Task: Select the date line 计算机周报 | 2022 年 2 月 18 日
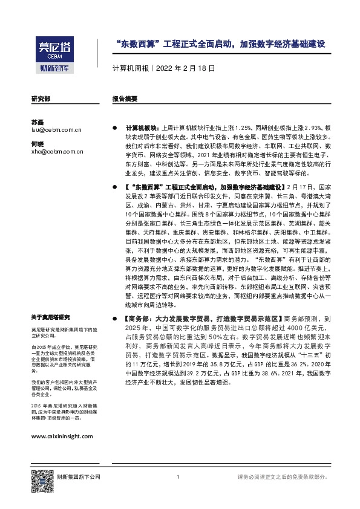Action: tap(164, 68)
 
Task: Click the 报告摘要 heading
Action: tap(125, 98)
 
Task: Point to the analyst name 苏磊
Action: tap(37, 122)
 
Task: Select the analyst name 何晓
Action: tap(37, 143)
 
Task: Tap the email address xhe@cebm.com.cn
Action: tap(57, 152)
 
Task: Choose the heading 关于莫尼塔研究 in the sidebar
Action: tap(51, 317)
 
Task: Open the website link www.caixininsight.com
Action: tap(62, 435)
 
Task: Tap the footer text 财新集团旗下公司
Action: tap(79, 478)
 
